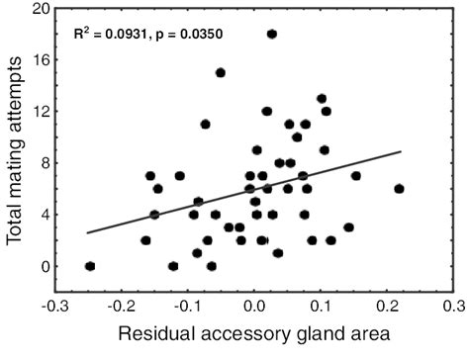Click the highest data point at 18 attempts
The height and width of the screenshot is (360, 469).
(x=272, y=33)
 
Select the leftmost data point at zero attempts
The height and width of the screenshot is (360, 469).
(x=90, y=266)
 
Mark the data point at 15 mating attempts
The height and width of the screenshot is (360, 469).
(x=220, y=72)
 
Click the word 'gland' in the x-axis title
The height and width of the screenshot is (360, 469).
(x=326, y=335)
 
